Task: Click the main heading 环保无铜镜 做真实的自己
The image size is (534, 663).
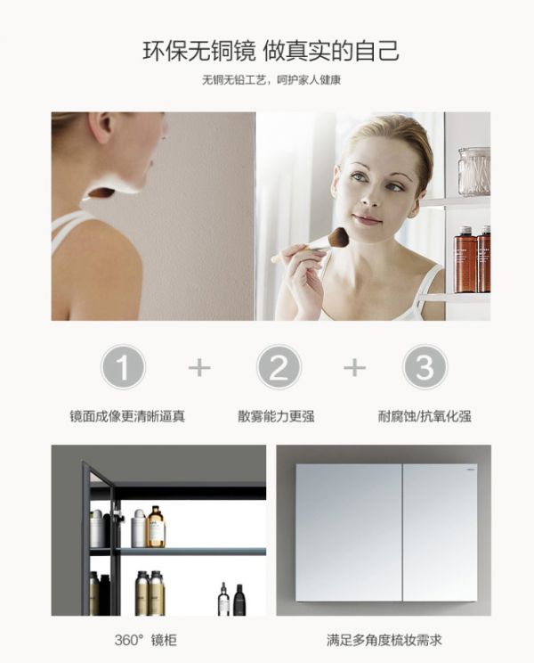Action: point(271,51)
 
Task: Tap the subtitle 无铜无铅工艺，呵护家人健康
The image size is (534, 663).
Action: point(271,80)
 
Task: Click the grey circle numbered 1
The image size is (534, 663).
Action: point(123,367)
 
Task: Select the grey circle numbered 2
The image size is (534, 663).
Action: point(279,367)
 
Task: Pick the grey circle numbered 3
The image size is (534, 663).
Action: point(425,367)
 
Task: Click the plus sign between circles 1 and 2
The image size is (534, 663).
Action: point(199,367)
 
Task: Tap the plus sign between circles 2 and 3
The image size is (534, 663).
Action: point(354,367)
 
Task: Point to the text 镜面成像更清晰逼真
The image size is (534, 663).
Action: point(127,416)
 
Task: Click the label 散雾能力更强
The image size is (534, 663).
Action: point(276,416)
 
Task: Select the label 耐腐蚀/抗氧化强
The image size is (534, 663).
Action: point(425,416)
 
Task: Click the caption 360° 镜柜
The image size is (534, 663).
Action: point(146,640)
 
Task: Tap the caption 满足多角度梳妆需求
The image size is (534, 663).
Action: point(384,640)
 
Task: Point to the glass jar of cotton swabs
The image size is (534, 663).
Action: point(474,172)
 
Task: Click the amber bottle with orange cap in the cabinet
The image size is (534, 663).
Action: point(156,526)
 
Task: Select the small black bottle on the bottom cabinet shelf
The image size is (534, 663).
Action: point(239,599)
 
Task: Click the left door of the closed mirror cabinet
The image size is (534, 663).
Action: point(349,533)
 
